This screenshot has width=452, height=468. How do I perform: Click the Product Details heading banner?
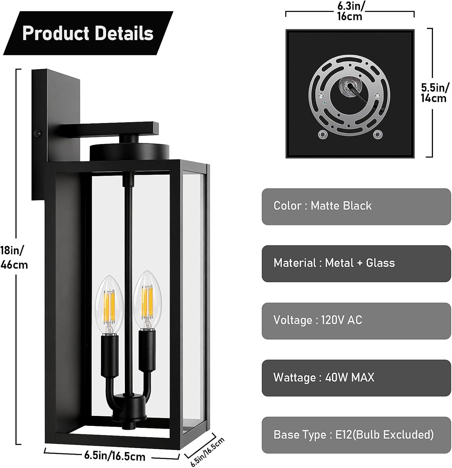(x=89, y=33)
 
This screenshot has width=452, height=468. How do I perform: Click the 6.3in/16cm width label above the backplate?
(x=350, y=11)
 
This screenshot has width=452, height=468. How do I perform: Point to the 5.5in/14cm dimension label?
(x=435, y=93)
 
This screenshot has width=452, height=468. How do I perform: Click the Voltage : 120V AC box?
(x=356, y=321)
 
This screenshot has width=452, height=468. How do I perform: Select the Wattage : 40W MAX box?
(x=356, y=378)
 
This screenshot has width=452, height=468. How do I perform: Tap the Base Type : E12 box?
(x=356, y=435)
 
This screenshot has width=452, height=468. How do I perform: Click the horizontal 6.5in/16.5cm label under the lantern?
(x=115, y=456)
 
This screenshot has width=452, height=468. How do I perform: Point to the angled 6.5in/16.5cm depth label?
(x=208, y=452)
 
